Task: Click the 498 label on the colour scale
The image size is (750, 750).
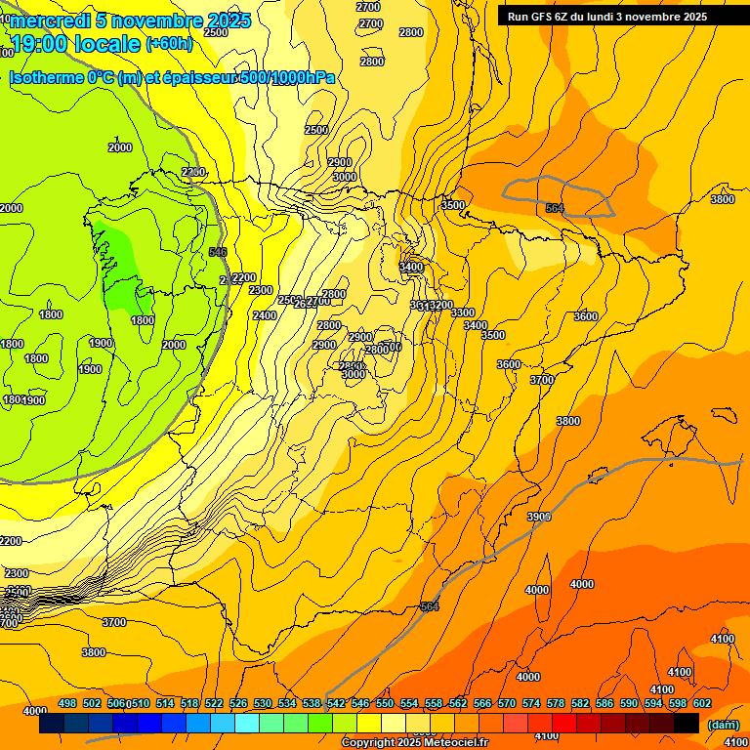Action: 67,703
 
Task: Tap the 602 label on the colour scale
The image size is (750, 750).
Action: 701,703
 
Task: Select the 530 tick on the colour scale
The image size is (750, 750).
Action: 263,703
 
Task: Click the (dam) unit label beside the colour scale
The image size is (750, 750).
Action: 723,725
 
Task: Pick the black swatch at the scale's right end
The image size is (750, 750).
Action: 687,724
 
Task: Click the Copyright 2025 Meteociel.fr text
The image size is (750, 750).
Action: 414,743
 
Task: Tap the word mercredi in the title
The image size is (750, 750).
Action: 44,21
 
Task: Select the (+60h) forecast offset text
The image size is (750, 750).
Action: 169,44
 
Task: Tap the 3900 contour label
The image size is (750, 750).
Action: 538,517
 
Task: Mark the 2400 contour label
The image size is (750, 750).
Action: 265,315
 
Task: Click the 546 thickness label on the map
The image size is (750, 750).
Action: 218,252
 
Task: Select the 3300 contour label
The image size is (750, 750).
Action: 463,312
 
